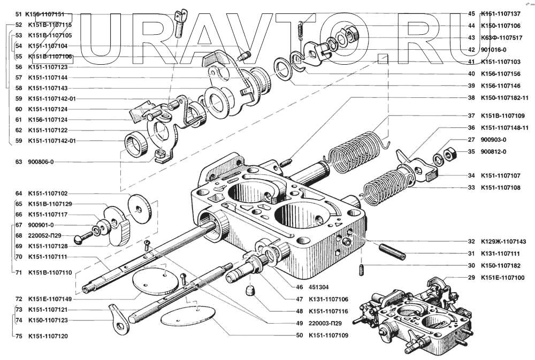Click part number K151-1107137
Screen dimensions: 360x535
point(501,14)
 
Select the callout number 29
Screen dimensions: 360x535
point(471,278)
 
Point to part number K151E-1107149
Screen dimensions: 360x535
point(51,299)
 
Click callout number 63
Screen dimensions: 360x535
point(19,162)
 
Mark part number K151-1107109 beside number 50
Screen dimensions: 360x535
point(328,335)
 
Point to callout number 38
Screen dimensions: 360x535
point(471,98)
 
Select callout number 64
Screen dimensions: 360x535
point(19,193)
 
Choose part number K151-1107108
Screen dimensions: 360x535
point(501,188)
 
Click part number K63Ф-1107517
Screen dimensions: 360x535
point(501,38)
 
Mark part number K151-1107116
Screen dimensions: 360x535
point(328,311)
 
